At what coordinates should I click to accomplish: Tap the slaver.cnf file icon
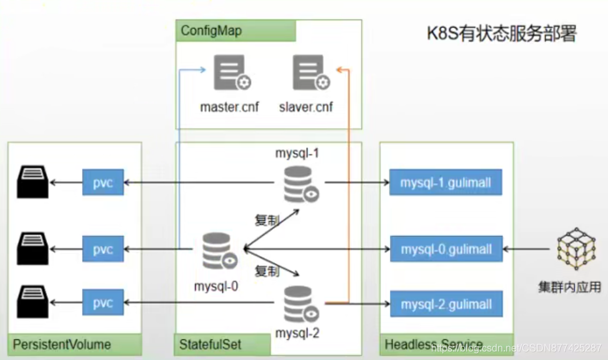311,74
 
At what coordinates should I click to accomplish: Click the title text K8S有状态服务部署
501,33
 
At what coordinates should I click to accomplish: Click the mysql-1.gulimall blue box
446,182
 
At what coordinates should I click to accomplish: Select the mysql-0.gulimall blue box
446,249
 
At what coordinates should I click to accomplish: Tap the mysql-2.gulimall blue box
446,305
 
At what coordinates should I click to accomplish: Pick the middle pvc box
103,249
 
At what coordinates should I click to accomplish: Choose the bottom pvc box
103,303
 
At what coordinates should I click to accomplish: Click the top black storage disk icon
32,182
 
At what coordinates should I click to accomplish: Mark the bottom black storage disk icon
32,302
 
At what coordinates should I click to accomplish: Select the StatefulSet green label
210,344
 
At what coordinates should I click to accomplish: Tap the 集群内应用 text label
569,288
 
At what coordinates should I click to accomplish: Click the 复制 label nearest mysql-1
267,220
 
